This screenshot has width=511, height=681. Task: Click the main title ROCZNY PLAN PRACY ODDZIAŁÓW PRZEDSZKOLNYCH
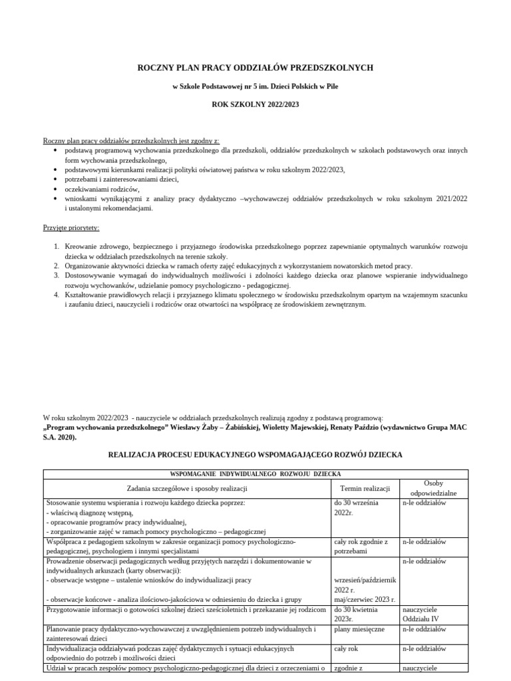click(255, 68)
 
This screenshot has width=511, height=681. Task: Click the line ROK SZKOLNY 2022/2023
click(255, 104)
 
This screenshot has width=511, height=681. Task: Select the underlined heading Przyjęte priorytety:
click(71, 227)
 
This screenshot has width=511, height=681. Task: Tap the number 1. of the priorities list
click(57, 247)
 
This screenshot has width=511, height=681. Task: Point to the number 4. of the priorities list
click(57, 295)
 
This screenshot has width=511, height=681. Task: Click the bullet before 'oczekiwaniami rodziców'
click(55, 189)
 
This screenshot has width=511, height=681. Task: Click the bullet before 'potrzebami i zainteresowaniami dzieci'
click(55, 180)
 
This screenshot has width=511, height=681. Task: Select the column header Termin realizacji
click(365, 489)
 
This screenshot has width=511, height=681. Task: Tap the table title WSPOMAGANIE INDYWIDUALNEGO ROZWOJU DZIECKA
click(255, 474)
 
